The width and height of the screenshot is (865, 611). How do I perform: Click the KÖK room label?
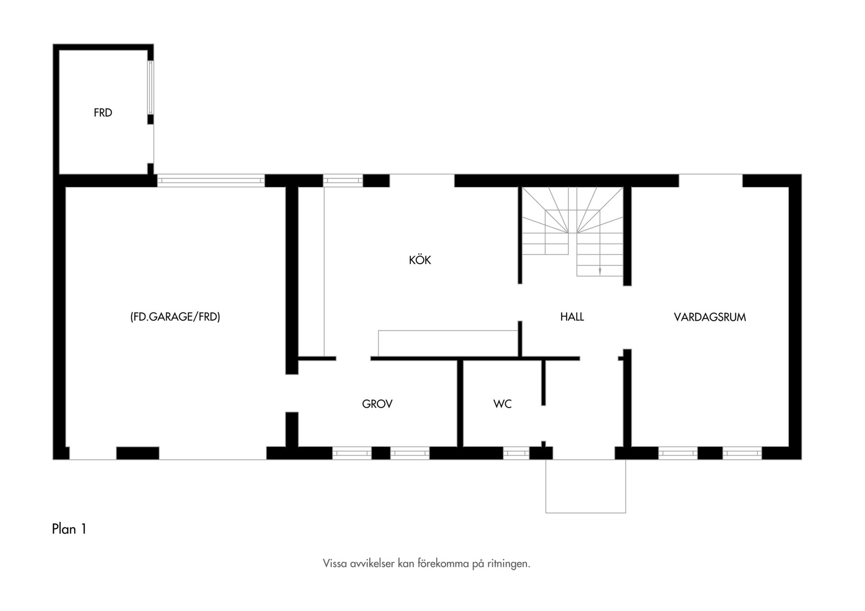coord(420,260)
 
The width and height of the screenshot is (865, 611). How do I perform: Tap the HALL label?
coord(572,317)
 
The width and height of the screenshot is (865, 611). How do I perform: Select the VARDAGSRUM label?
coord(710,317)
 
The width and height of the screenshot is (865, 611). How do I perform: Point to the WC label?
coord(502,404)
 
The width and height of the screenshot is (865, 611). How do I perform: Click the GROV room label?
coord(377,404)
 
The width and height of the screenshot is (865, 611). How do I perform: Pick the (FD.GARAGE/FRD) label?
coord(175,317)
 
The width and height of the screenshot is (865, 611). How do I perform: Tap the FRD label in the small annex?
coord(103,113)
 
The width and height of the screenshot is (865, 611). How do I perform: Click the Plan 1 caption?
coord(69,529)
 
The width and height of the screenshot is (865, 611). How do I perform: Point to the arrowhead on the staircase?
coord(600,271)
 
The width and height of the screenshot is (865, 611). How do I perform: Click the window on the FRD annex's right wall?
coord(150,87)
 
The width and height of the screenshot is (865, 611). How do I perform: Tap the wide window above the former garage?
coord(211,181)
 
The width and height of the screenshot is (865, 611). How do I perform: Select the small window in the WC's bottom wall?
coord(516,453)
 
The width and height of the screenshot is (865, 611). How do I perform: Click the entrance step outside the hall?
coord(586,486)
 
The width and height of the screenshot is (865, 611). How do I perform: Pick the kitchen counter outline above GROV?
coord(447,344)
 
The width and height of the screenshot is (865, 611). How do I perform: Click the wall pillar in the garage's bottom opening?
coord(138,453)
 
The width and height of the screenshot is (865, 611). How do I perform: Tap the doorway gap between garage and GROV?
coord(292,393)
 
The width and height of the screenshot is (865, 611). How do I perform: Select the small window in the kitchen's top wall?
coord(343,181)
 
